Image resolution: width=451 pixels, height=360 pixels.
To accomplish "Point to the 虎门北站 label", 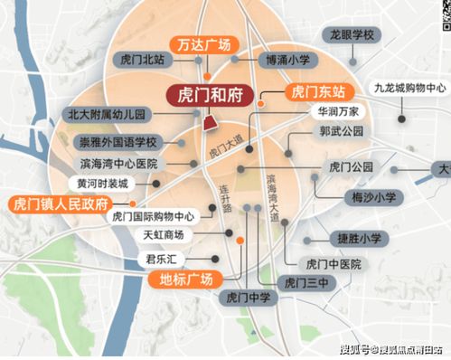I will point(139,60).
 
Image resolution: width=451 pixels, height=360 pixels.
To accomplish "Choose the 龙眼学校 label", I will point(352,34).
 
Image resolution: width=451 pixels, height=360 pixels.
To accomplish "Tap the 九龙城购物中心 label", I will point(410,88).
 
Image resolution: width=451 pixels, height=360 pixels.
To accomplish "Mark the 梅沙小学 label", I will point(373,196).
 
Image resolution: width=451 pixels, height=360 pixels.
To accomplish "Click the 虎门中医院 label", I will point(333,263).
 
